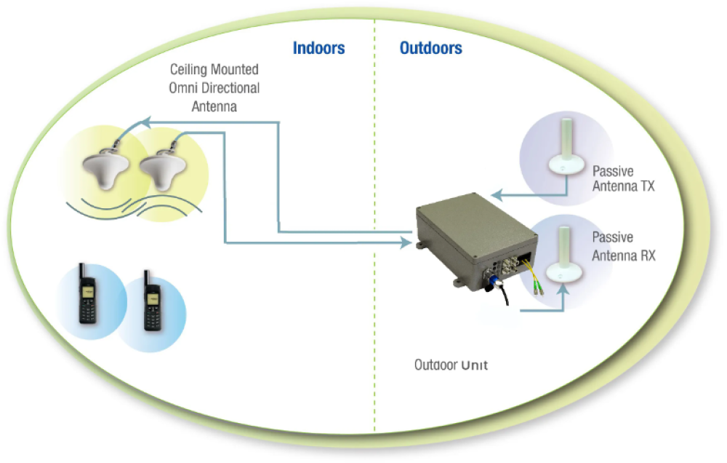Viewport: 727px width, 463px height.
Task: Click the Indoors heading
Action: pos(318,49)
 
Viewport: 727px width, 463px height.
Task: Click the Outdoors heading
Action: pos(430,49)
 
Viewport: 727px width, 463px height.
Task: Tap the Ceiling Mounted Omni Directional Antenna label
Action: pos(214,88)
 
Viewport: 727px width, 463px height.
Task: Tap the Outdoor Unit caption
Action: pos(451,365)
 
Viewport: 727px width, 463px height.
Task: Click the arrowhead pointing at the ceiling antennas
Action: pos(145,122)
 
